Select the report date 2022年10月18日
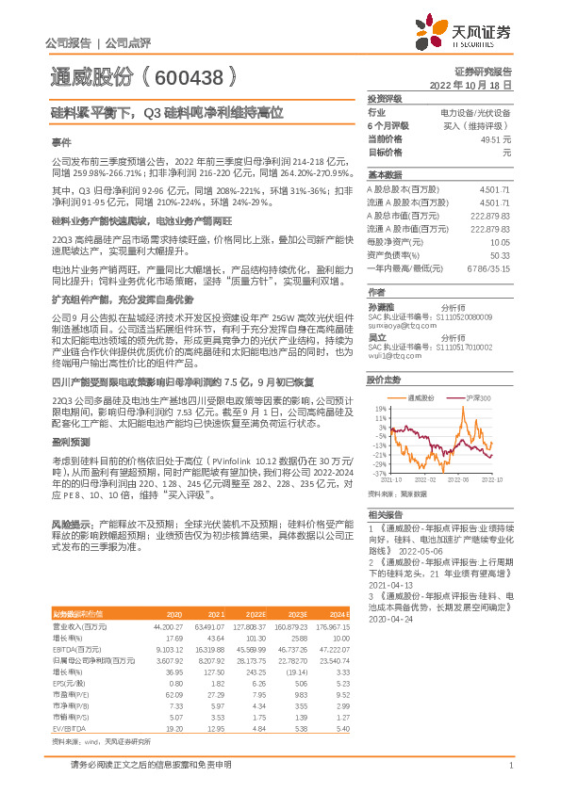click(x=477, y=84)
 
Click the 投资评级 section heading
click(x=385, y=98)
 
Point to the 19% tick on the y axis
click(x=378, y=409)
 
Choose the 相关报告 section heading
click(x=385, y=514)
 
